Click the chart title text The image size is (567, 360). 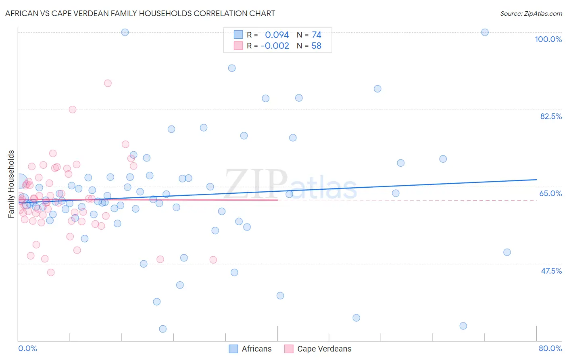[x=140, y=13]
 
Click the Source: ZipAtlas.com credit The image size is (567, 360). [x=531, y=13]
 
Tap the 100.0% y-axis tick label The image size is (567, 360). [x=548, y=39]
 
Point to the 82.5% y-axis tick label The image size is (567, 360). [x=551, y=116]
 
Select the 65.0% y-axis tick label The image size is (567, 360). [x=550, y=193]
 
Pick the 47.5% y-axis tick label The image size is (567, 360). [x=551, y=271]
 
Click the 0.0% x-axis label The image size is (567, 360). [x=27, y=348]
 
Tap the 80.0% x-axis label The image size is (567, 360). [x=550, y=348]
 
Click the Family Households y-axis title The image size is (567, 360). [x=11, y=184]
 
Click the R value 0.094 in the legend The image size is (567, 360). [x=277, y=35]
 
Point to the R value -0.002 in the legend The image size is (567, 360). [x=275, y=46]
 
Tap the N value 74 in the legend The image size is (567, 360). [x=316, y=35]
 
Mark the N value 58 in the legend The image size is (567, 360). [x=316, y=46]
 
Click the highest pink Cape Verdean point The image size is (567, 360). [x=108, y=83]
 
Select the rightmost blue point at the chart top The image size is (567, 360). [x=485, y=32]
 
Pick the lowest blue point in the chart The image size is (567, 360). [x=163, y=329]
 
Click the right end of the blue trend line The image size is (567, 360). [x=536, y=179]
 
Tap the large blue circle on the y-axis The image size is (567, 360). [x=19, y=182]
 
